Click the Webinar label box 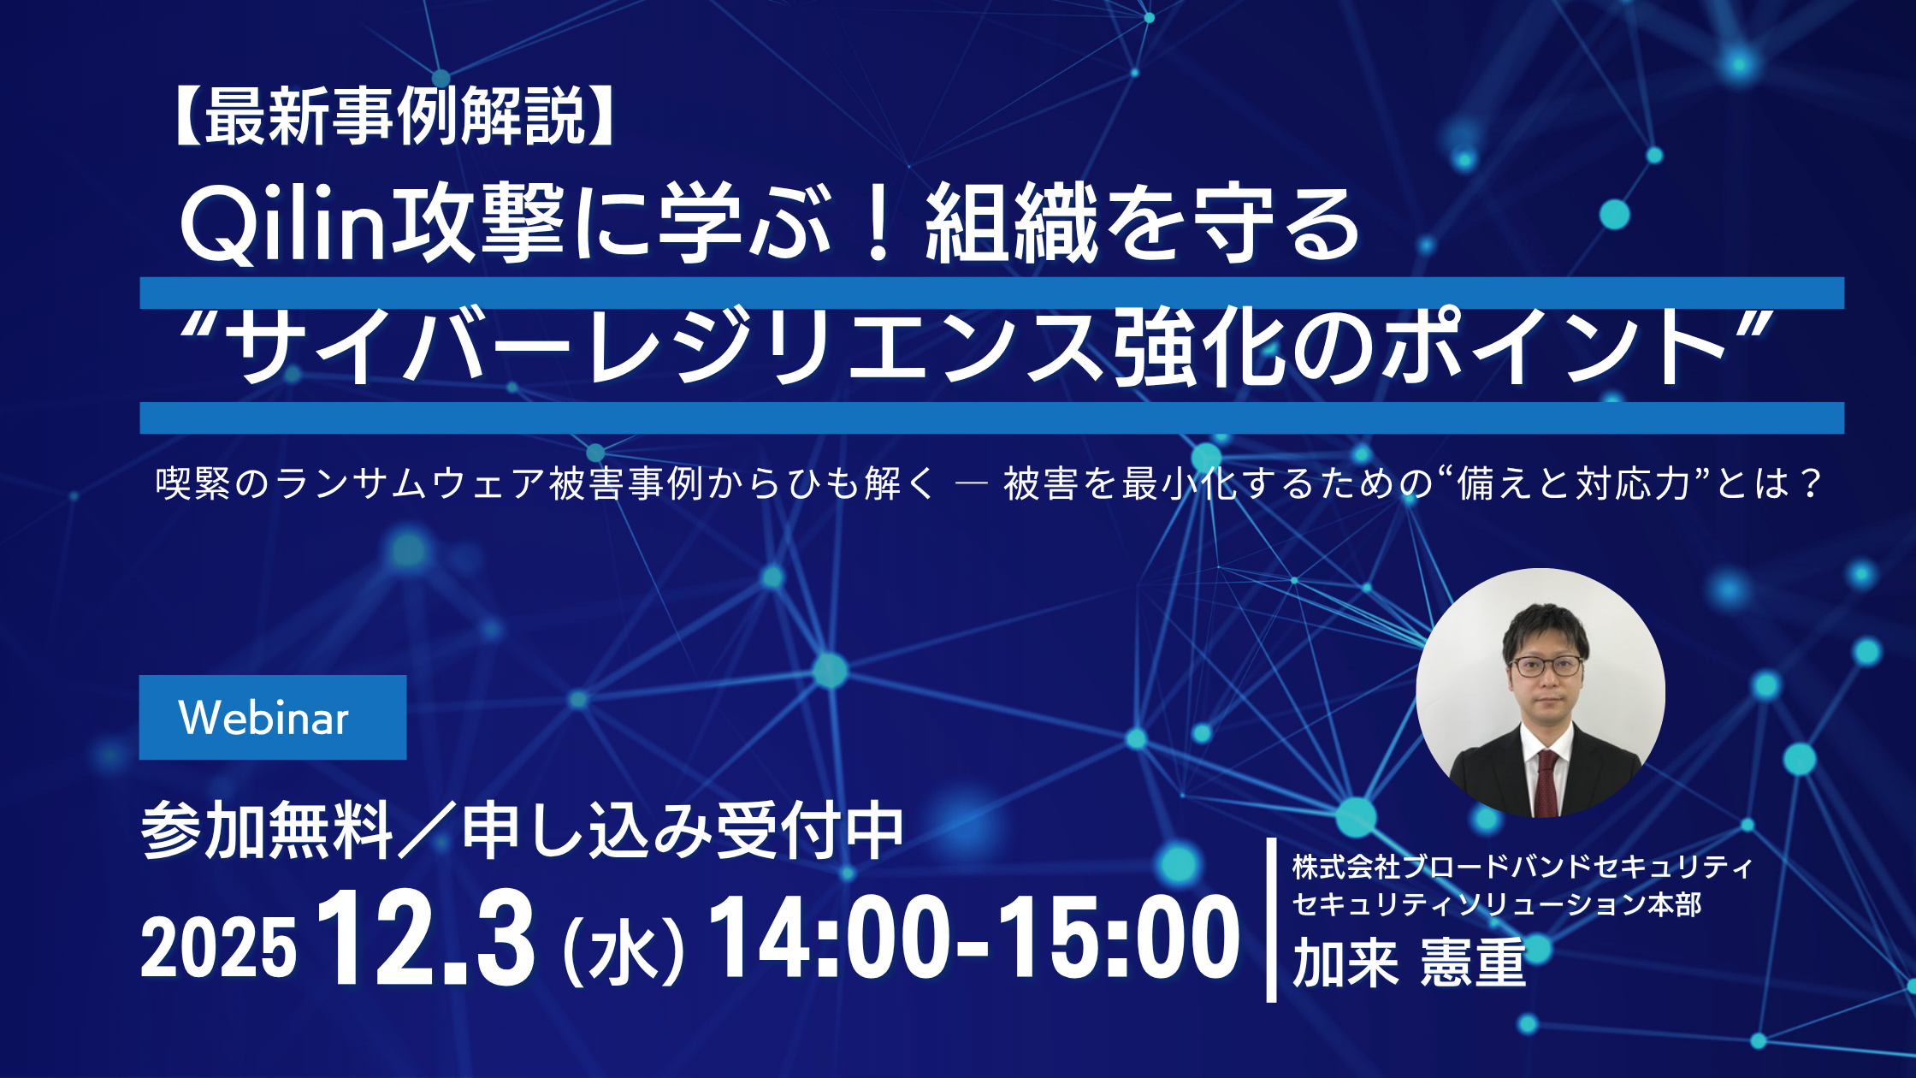273,717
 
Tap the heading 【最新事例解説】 394,116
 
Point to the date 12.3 426,938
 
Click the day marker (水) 624,950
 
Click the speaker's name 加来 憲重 1409,962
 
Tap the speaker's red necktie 1546,782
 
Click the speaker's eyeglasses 1546,666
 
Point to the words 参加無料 267,830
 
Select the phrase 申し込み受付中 683,830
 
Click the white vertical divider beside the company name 1271,920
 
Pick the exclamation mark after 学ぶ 878,224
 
